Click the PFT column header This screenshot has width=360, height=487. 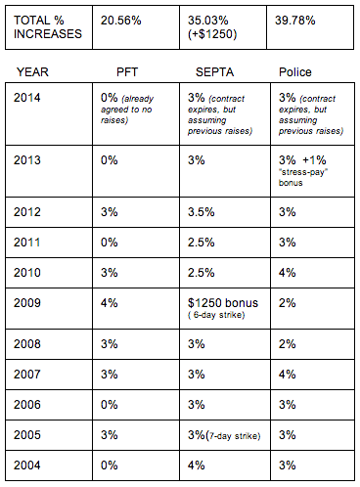(127, 72)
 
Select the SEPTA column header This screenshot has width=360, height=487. (214, 72)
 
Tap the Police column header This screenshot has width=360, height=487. (295, 72)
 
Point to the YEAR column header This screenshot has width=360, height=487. (32, 72)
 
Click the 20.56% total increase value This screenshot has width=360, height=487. (121, 21)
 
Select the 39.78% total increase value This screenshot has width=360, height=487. (295, 21)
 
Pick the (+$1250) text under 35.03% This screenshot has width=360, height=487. (212, 34)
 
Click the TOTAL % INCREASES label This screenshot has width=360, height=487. (48, 27)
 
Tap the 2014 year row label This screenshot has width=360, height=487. (27, 98)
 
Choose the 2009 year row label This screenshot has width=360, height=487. (27, 303)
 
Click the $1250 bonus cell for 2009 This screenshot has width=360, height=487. (223, 303)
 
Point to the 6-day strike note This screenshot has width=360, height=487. (216, 315)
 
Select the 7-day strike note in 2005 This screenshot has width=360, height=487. (233, 436)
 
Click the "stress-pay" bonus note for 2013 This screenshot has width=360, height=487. (303, 177)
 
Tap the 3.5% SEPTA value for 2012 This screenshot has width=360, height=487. (202, 212)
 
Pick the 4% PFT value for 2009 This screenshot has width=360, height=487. (110, 303)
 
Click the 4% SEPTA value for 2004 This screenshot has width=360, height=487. (197, 465)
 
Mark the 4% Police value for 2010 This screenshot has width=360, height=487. (288, 273)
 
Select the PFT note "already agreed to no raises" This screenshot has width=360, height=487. (127, 110)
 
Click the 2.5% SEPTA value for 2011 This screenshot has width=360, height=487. (202, 243)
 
